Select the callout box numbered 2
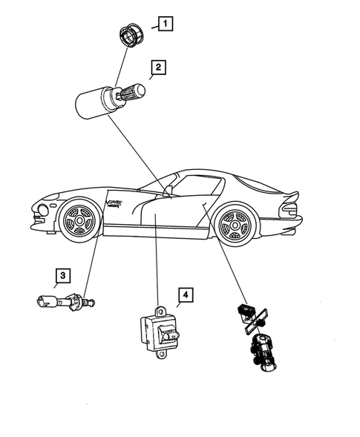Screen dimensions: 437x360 pos(157,70)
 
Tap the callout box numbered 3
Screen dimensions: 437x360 pos(63,276)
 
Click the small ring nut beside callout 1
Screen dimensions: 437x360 pos(133,36)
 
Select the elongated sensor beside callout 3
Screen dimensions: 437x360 pos(63,302)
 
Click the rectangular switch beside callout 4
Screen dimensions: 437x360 pos(159,332)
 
